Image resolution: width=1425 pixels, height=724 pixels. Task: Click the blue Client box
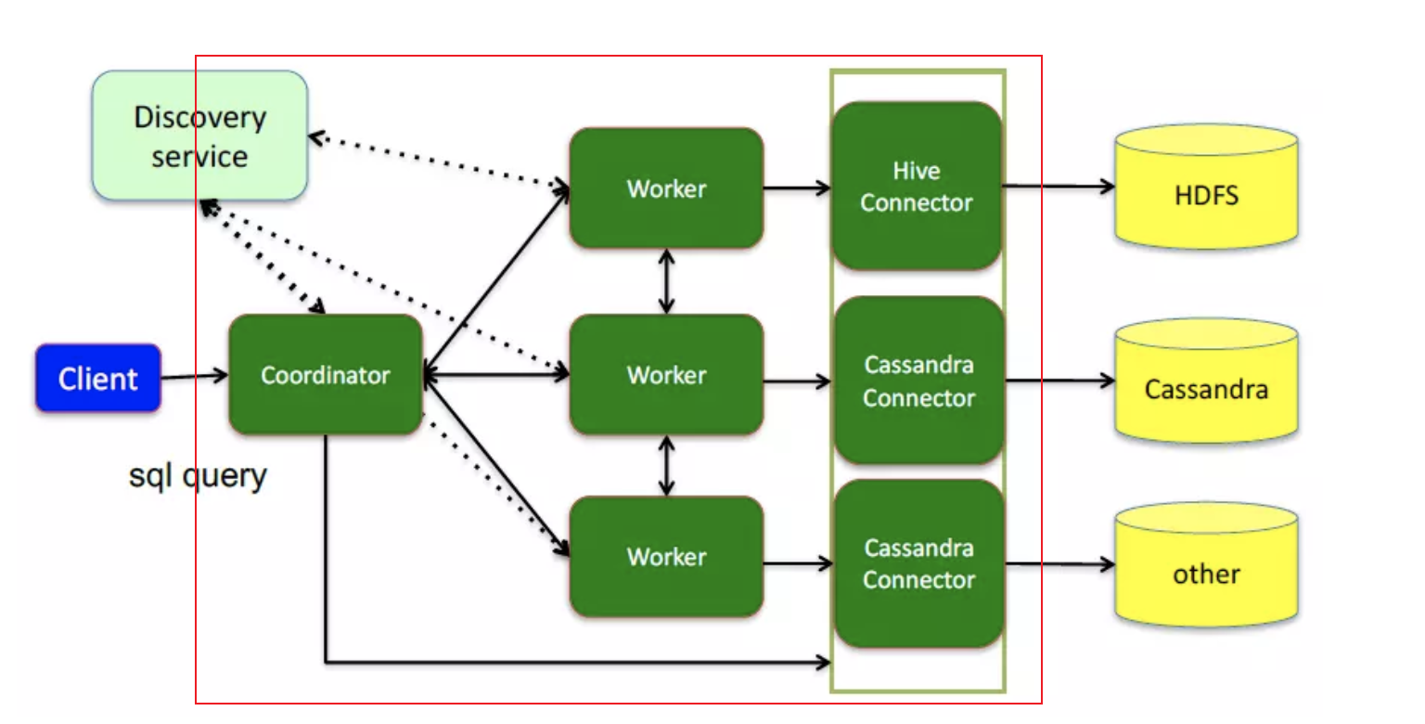point(98,378)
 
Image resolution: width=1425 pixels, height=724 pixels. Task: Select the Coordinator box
point(325,375)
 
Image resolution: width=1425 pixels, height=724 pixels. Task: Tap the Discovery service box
point(199,136)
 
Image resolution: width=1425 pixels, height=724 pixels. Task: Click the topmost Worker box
point(666,188)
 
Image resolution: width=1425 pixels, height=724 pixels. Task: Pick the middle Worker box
point(666,375)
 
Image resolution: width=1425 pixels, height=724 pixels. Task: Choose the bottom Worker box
point(666,557)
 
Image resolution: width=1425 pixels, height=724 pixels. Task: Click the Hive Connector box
point(917,187)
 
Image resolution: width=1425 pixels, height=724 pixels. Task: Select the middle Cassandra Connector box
point(918,381)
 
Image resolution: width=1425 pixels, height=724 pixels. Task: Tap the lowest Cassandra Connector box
point(918,563)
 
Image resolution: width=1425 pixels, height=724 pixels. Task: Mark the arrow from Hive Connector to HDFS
point(1058,187)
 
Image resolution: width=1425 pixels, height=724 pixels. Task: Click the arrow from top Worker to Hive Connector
point(797,188)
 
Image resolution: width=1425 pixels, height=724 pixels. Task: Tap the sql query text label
point(198,475)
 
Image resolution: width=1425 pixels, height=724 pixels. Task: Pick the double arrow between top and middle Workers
point(665,281)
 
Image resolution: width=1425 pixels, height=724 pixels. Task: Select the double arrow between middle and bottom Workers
point(665,466)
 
